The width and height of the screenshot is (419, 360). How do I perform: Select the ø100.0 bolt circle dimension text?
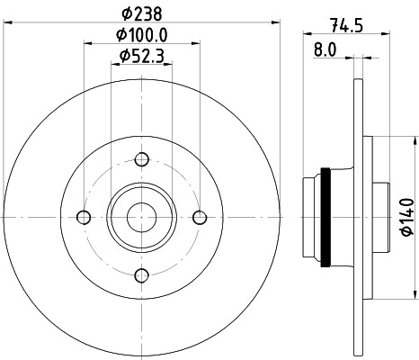pyautogui.click(x=145, y=35)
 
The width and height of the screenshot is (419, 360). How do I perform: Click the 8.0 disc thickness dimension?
pyautogui.click(x=325, y=52)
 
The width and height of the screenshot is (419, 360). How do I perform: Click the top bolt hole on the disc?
pyautogui.click(x=141, y=160)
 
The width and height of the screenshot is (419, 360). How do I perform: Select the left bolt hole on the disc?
pyautogui.click(x=84, y=217)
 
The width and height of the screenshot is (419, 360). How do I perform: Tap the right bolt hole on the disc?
pyautogui.click(x=200, y=217)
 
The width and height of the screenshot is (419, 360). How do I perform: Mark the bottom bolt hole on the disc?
pyautogui.click(x=141, y=274)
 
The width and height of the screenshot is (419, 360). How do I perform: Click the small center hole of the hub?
pyautogui.click(x=141, y=217)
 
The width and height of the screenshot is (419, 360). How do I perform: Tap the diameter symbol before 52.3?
pyautogui.click(x=124, y=57)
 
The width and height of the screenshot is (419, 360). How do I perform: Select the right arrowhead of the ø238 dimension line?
pyautogui.click(x=263, y=23)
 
